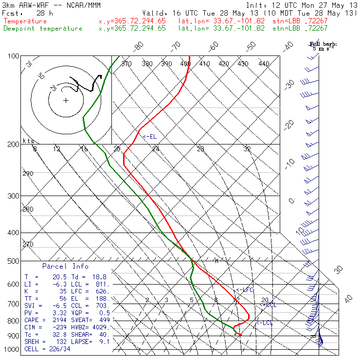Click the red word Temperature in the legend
click(25, 21)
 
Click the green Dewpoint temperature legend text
click(43, 28)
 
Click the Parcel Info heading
click(65, 266)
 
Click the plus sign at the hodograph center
click(66, 101)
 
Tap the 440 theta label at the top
click(264, 64)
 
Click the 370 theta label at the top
click(126, 64)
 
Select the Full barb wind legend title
click(323, 44)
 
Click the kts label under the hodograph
click(28, 141)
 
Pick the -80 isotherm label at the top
click(139, 46)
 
